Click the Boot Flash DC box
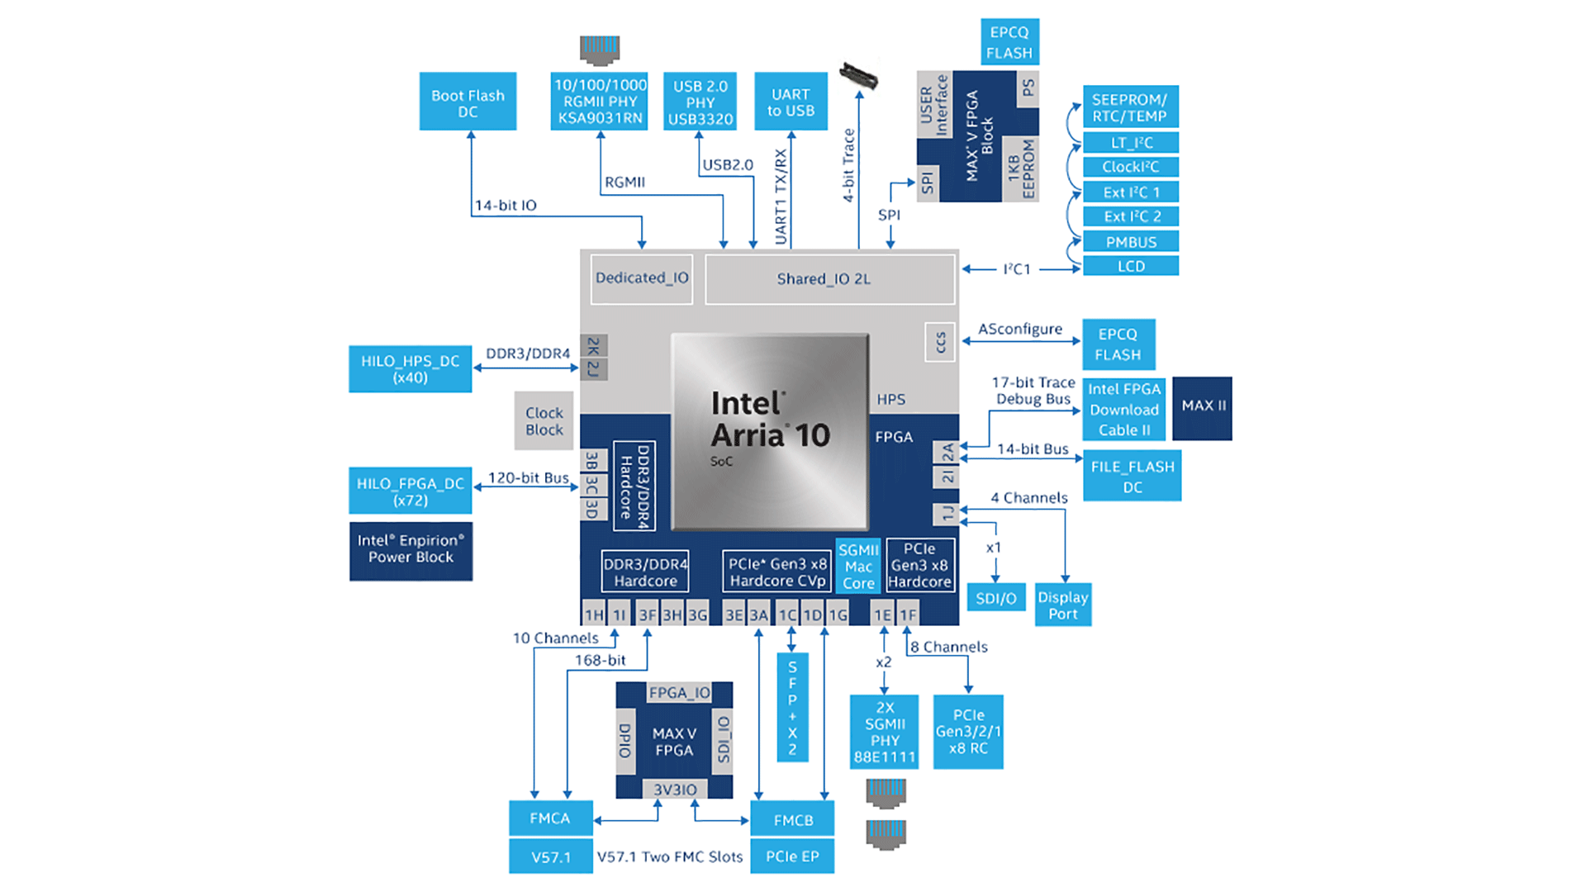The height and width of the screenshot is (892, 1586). (x=468, y=102)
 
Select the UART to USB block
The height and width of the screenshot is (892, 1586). (x=791, y=102)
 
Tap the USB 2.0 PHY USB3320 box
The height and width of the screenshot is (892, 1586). (x=700, y=102)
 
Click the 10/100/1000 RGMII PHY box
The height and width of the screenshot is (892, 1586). (x=600, y=102)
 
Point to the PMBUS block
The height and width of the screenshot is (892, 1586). (x=1130, y=242)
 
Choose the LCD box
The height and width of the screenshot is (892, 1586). (x=1130, y=266)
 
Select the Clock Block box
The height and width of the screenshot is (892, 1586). (x=544, y=420)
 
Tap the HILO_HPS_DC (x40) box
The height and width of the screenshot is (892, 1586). (x=410, y=368)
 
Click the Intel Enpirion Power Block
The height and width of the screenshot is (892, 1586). (x=411, y=550)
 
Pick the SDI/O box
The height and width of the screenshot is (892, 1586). (x=995, y=598)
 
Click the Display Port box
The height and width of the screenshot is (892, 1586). (x=1062, y=605)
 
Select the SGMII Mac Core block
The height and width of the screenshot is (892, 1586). (x=858, y=567)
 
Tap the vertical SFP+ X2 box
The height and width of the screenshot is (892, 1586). (x=792, y=707)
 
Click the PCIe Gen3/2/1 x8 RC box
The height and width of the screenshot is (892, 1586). (x=968, y=732)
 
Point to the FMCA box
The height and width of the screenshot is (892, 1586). (x=550, y=818)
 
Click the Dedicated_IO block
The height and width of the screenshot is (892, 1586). (x=642, y=278)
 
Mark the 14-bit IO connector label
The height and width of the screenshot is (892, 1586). (x=506, y=206)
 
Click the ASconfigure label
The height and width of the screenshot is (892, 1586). (x=1020, y=330)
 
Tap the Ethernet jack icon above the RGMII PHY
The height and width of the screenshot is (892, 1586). (x=600, y=50)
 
